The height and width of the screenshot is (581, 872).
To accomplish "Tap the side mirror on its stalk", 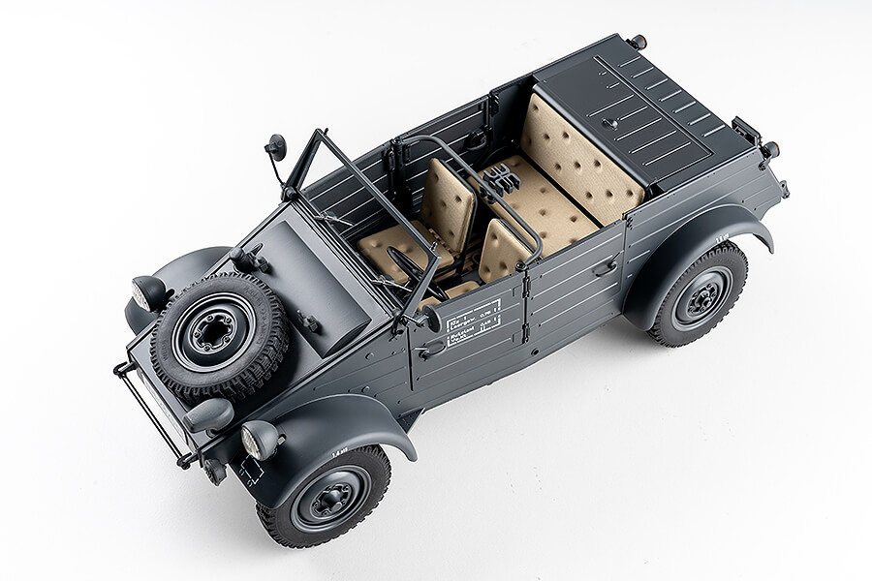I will pos(276,148).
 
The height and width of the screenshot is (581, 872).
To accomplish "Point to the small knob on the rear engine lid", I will pos(612,123).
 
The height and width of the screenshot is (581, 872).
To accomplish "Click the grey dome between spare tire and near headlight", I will pos(211,414).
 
